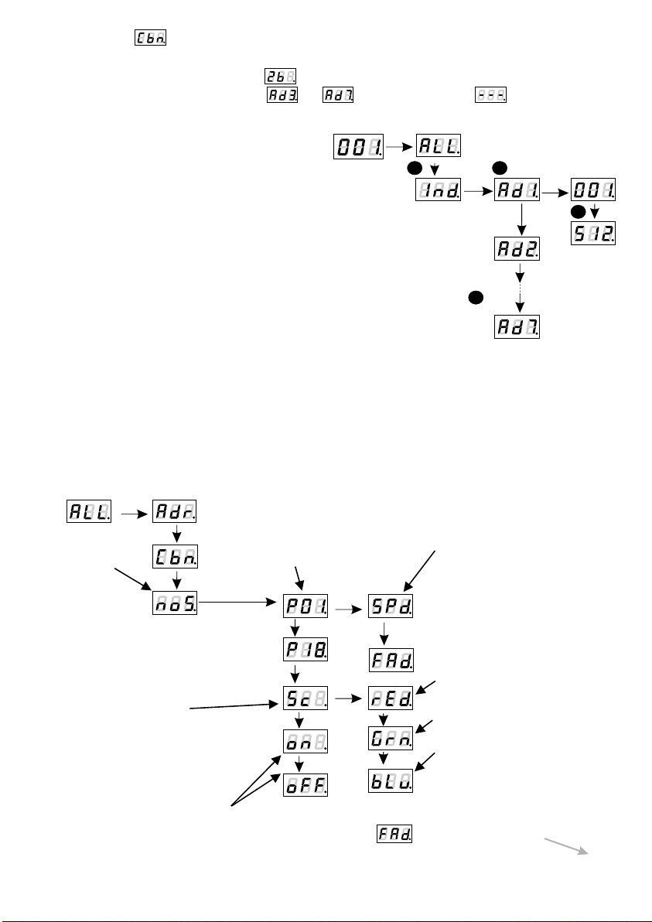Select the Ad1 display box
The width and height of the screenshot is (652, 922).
tap(517, 190)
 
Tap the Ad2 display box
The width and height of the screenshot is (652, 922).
tap(517, 251)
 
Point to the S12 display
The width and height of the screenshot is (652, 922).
tap(595, 233)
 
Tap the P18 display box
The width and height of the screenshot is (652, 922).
tap(307, 651)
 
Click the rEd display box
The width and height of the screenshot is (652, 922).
tap(391, 701)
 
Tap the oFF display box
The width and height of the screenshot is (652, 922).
tap(307, 784)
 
